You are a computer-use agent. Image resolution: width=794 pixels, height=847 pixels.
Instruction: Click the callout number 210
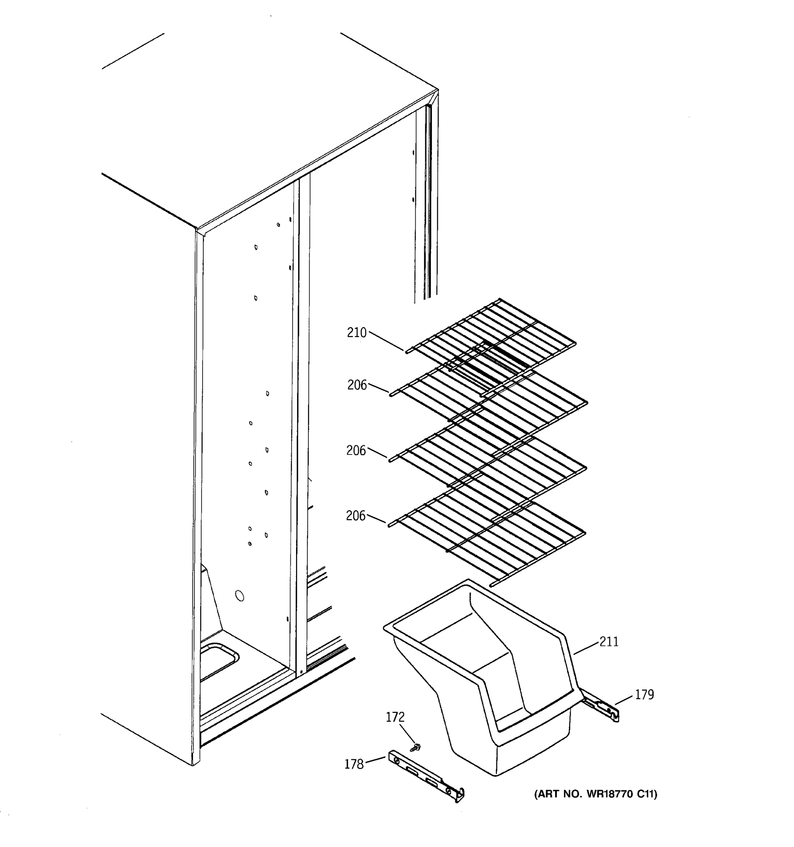(x=356, y=332)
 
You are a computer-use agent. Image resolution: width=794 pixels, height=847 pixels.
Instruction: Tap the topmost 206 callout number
(x=356, y=385)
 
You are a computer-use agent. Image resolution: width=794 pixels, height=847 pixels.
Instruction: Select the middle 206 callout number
(x=356, y=450)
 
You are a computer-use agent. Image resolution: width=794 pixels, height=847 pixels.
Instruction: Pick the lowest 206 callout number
(x=356, y=516)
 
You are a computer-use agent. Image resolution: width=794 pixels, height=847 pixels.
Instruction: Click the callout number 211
(x=609, y=642)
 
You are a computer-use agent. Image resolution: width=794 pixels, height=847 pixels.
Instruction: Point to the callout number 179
(x=644, y=695)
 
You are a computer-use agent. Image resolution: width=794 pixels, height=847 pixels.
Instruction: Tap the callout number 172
(x=395, y=717)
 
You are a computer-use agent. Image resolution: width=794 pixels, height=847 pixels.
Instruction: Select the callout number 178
(x=354, y=764)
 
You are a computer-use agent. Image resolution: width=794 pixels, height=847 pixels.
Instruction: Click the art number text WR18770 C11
(x=596, y=794)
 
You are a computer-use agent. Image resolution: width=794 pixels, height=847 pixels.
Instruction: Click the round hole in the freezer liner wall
(x=240, y=596)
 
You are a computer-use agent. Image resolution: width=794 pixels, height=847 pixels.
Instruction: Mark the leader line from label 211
(x=586, y=648)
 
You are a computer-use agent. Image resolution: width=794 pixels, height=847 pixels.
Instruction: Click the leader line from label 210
(x=385, y=341)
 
